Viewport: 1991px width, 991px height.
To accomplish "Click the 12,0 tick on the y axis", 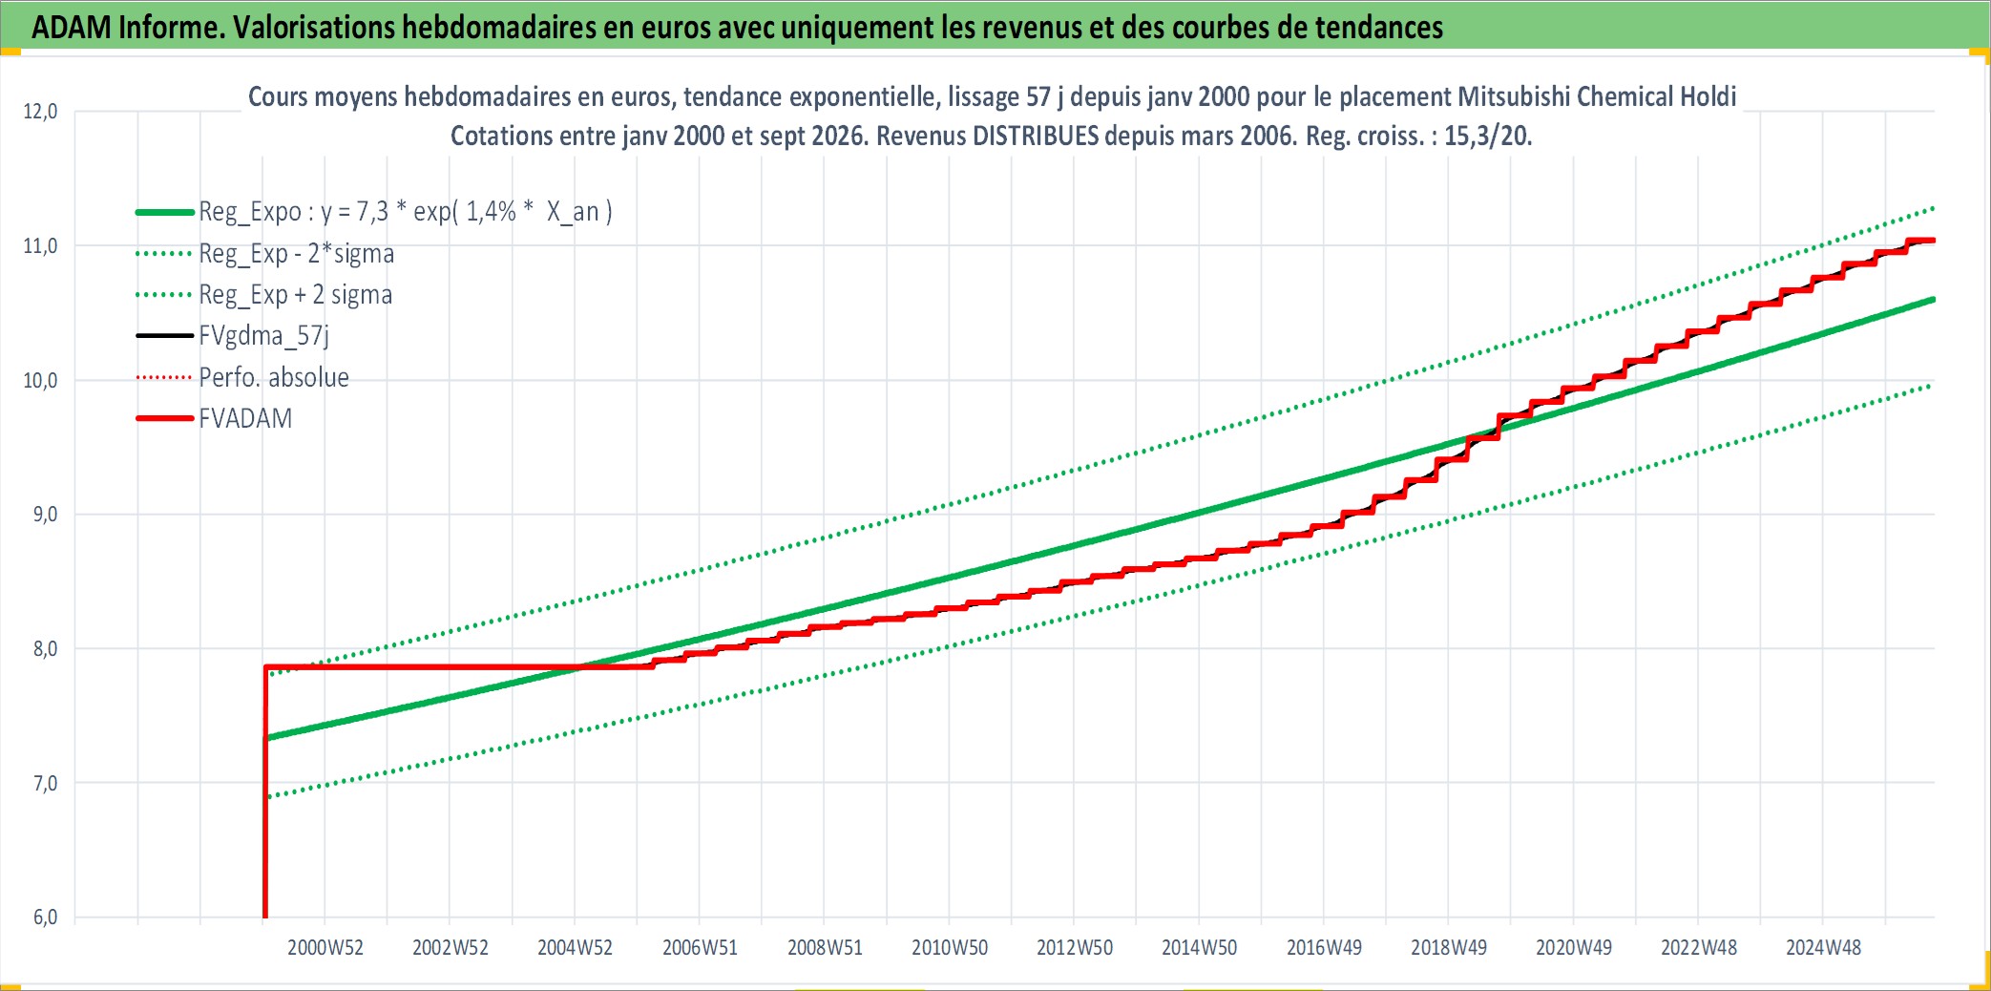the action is (x=40, y=112).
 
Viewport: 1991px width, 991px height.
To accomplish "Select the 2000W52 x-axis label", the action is (x=325, y=948).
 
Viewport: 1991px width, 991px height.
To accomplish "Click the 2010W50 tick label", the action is (x=950, y=948).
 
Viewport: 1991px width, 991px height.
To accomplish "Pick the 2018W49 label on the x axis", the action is (x=1449, y=948).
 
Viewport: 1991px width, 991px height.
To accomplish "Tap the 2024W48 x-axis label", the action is (x=1823, y=948).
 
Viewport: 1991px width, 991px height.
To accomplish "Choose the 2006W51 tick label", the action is (x=700, y=948).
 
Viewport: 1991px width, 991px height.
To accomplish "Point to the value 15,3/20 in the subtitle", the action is (x=1488, y=136).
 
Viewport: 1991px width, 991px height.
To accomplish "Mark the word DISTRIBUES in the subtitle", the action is (x=1036, y=136).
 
